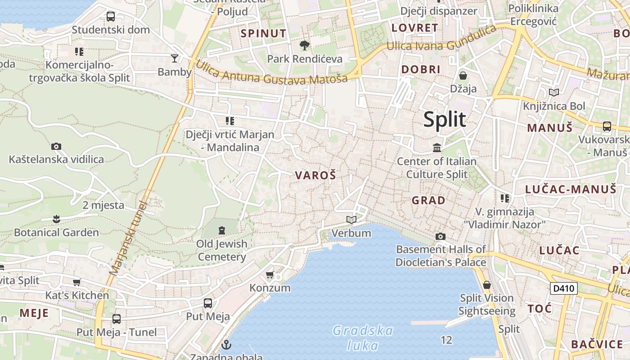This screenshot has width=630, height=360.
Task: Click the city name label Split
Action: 445,120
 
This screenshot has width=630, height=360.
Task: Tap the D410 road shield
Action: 563,288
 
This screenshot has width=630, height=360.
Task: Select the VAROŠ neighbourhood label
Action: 315,175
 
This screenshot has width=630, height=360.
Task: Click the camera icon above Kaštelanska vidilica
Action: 56,146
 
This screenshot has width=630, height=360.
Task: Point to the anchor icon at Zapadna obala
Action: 227,345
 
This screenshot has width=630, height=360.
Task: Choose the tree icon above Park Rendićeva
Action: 305,45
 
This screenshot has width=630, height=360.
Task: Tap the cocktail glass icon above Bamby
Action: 175,58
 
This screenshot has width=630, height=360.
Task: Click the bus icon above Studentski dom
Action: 111,17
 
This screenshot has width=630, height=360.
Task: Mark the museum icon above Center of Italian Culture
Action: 436,148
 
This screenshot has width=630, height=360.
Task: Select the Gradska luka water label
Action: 363,338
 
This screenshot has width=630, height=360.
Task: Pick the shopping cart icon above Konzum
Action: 270,274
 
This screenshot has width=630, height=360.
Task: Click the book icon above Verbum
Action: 351,220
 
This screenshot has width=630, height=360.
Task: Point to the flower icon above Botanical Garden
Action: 56,219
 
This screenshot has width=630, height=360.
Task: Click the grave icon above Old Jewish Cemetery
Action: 221,230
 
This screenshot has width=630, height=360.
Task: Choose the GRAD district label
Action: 429,200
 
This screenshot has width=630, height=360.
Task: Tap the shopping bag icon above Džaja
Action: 463,75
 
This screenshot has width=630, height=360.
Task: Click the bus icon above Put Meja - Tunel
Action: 117,319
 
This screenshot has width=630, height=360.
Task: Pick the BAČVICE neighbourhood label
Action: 597,344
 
